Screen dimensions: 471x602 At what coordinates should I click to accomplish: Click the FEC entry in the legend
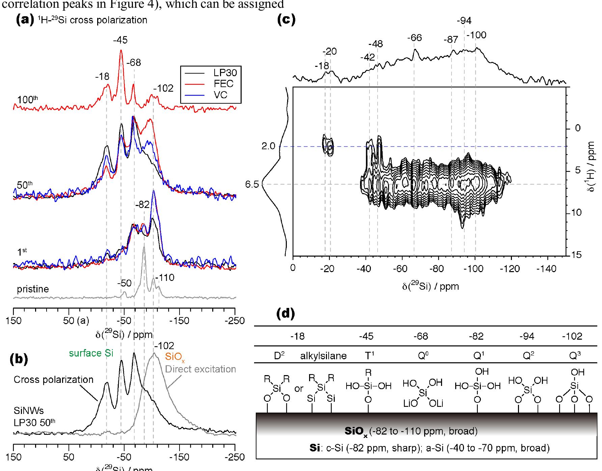(x=223, y=84)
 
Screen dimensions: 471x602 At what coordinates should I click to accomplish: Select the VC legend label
(x=220, y=95)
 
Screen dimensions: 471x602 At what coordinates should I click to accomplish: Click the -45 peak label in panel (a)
(x=120, y=41)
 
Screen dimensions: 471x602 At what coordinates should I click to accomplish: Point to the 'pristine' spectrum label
(x=33, y=289)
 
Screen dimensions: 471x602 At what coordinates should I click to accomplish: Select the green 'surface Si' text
(x=91, y=353)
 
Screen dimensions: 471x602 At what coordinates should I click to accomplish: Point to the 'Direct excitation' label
(x=200, y=369)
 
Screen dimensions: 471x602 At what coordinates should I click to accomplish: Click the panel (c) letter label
(x=286, y=20)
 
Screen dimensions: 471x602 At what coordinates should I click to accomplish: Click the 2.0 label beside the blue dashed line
(x=268, y=146)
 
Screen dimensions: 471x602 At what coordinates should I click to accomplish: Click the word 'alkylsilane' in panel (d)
(x=323, y=356)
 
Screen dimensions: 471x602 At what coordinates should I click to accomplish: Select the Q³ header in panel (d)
(x=573, y=355)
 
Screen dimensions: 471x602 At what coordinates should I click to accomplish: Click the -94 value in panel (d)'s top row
(x=527, y=337)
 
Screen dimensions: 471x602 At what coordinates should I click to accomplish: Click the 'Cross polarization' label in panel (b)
(x=53, y=380)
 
